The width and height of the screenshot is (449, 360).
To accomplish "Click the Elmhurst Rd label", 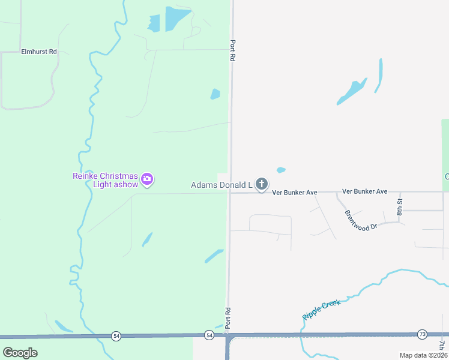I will click(x=38, y=52).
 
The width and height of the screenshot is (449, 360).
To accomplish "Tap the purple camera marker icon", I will click(x=147, y=179).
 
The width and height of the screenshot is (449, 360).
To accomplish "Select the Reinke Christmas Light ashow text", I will click(x=106, y=180).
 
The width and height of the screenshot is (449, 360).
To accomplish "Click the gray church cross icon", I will click(x=261, y=184).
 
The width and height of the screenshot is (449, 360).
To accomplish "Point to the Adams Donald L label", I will click(x=221, y=185).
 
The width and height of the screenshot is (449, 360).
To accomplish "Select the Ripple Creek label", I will click(x=322, y=309).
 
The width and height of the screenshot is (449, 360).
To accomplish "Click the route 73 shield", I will click(x=422, y=334).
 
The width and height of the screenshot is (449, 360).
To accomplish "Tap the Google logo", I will click(x=20, y=353).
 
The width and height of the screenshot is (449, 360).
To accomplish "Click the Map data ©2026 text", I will click(x=423, y=355).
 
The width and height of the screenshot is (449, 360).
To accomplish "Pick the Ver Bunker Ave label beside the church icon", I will click(x=294, y=193).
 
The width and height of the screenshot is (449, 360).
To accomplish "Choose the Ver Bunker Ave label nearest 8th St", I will click(x=364, y=191).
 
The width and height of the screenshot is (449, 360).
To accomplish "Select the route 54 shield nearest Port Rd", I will click(x=208, y=334).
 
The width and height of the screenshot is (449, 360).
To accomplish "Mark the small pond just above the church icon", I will click(x=280, y=170).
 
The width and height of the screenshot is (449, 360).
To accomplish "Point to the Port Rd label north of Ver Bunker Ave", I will click(x=232, y=50).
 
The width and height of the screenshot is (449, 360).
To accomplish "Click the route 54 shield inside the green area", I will click(x=116, y=336).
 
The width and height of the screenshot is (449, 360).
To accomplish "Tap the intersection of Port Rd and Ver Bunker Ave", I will click(x=229, y=192).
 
